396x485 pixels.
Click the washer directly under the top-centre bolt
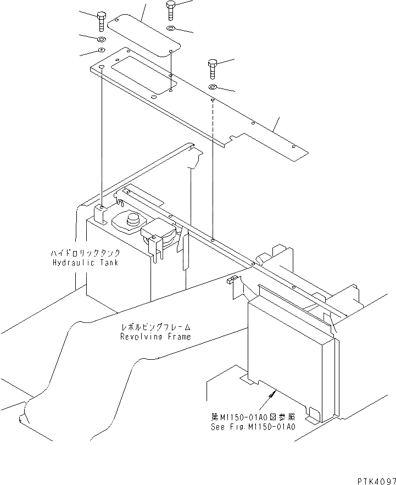tap(170, 29)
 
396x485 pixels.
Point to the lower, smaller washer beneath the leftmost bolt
tap(102, 51)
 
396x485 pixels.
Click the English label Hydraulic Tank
tap(85, 263)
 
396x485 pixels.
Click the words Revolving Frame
tap(155, 337)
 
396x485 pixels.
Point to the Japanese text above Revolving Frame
tap(155, 328)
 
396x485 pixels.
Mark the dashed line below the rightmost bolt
tap(213, 165)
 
